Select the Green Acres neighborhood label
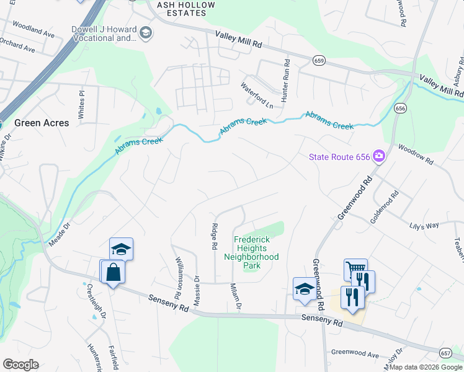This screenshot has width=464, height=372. (42, 123)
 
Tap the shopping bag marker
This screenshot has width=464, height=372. (112, 273)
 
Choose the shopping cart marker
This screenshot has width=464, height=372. (355, 269)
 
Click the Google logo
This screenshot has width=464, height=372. (20, 365)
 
